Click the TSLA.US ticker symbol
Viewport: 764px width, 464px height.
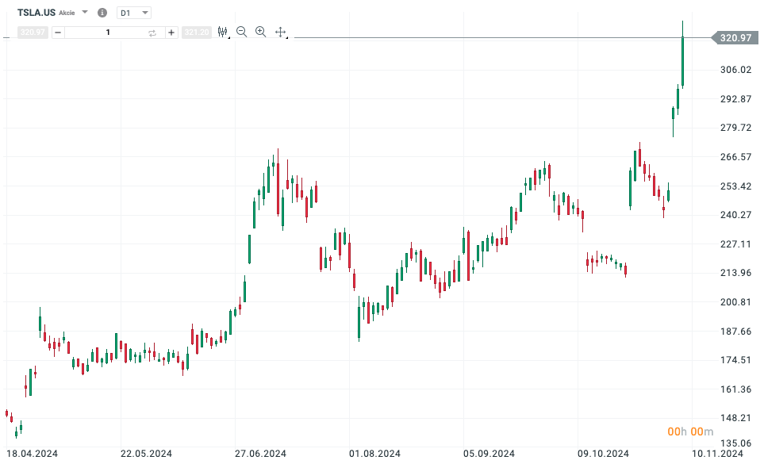tap(36, 13)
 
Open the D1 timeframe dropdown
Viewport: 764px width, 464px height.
tap(133, 13)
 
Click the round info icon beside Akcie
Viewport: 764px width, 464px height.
tap(102, 13)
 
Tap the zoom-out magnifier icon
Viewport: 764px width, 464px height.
tap(241, 32)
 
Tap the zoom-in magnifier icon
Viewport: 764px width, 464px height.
tap(260, 32)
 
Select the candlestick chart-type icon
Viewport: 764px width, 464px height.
tap(222, 32)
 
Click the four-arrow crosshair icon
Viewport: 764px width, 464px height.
tap(280, 32)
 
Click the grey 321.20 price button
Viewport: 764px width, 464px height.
tap(196, 33)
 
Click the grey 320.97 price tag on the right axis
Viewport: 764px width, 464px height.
tap(735, 37)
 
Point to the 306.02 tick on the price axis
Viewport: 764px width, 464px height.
tap(735, 70)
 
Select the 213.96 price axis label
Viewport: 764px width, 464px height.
tap(735, 273)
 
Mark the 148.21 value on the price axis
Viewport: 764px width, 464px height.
tap(735, 418)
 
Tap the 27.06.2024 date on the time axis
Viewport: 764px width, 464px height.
tap(261, 454)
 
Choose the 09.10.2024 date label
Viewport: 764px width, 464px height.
tap(602, 454)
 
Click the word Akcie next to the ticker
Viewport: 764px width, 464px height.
tap(67, 13)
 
